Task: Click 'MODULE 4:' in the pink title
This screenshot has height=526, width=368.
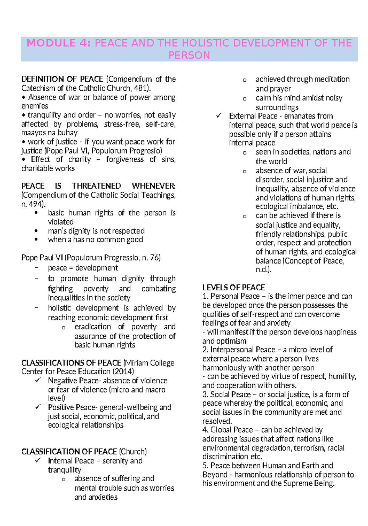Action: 58,43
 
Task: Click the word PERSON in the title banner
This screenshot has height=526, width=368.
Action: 189,55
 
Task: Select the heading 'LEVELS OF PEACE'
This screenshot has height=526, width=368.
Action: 233,288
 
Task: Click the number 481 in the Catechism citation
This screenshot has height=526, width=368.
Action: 140,88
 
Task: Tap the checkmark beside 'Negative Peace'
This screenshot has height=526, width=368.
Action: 38,380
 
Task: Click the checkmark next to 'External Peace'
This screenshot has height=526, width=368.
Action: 219,116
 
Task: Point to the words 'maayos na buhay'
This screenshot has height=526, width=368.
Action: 49,133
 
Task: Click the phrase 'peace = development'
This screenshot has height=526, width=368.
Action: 83,268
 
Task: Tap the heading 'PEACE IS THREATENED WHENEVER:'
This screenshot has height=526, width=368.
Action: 98,186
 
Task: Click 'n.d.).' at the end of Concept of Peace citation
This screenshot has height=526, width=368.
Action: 263,270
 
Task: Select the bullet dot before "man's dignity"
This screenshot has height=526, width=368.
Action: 36,231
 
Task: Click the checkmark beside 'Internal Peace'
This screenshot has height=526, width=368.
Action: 38,460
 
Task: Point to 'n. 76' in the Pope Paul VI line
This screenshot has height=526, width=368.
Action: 151,258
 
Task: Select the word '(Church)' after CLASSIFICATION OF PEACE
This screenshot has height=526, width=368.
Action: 133,452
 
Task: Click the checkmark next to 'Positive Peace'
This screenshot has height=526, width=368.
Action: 38,407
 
